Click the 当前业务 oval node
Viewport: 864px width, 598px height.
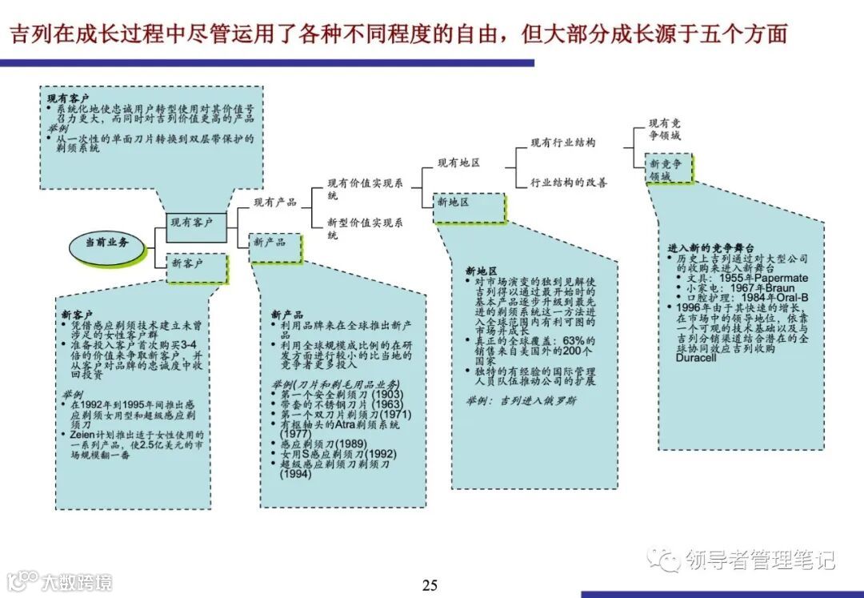pos(107,243)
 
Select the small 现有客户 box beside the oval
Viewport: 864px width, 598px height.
pos(191,223)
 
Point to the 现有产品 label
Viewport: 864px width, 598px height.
pos(274,203)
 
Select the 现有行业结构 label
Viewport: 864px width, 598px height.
pos(562,142)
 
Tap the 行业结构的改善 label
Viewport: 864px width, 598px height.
pos(568,183)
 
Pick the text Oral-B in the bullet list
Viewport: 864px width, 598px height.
pos(790,298)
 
